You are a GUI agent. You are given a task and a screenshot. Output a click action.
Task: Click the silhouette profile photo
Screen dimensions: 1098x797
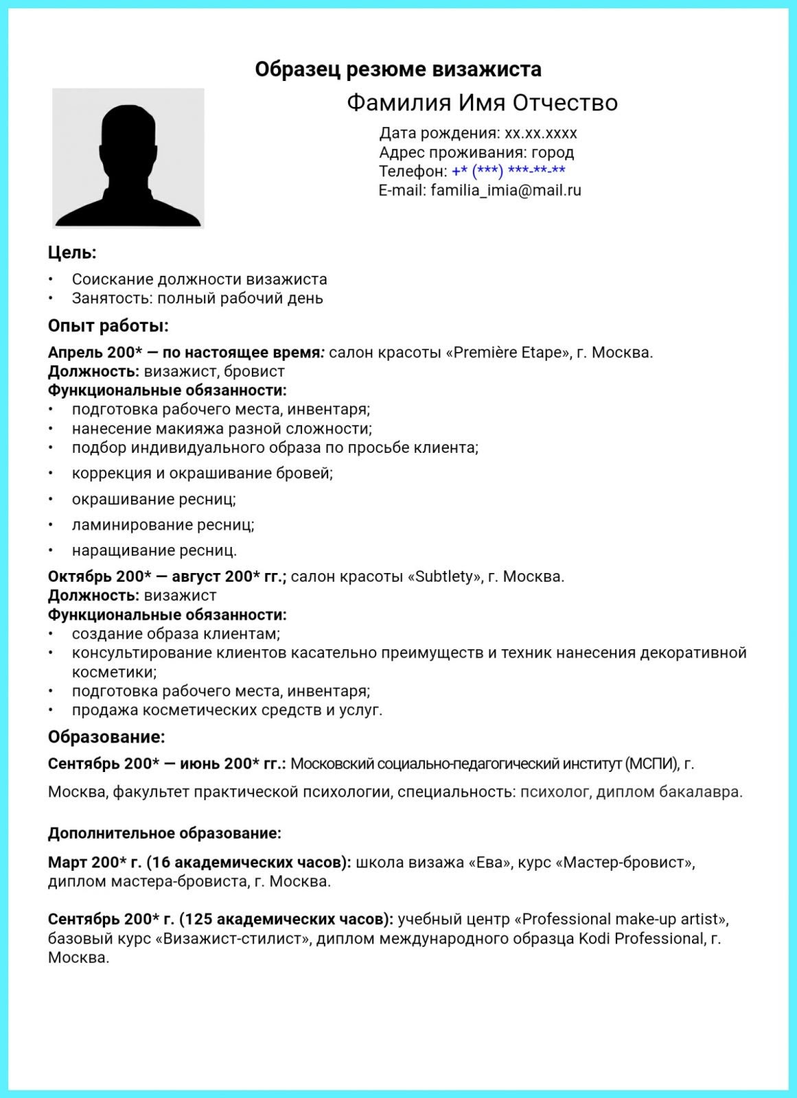(128, 159)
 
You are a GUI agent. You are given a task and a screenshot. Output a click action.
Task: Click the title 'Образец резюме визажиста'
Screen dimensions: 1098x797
(398, 69)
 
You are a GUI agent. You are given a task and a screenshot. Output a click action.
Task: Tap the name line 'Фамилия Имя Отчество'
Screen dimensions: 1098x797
(482, 103)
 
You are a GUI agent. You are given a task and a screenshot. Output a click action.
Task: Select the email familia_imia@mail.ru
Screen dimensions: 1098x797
(506, 190)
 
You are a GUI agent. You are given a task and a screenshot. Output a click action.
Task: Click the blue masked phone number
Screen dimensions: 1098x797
(509, 171)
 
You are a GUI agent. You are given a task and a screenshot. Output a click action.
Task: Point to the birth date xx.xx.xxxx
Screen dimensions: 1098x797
(541, 133)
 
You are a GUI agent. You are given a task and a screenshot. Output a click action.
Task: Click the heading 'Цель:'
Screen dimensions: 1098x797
(72, 253)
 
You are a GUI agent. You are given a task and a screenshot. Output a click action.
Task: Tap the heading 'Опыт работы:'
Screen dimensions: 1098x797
(108, 325)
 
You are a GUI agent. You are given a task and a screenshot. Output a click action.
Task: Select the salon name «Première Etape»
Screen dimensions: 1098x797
(509, 353)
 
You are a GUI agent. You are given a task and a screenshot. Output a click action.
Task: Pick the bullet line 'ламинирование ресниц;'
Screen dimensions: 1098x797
(163, 525)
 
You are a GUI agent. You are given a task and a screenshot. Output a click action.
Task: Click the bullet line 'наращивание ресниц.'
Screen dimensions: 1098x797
(154, 550)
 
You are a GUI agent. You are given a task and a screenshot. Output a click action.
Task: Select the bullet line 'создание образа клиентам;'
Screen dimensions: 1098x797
(176, 634)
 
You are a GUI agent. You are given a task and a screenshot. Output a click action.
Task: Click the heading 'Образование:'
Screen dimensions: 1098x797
(106, 737)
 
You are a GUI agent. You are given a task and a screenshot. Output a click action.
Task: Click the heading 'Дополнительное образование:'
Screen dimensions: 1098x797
(165, 834)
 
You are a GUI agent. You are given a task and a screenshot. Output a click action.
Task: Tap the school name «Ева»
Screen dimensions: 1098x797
(489, 863)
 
